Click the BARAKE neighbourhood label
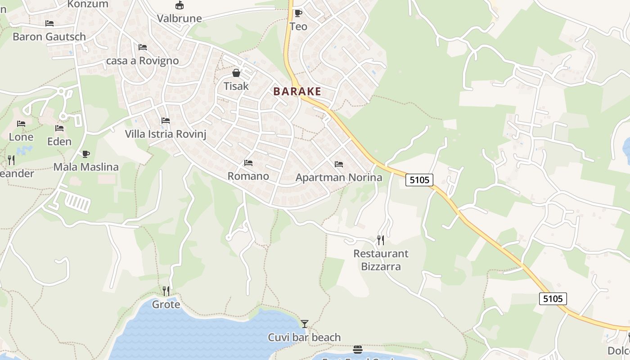click(x=297, y=91)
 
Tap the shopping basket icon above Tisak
click(x=236, y=73)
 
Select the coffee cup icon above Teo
click(x=298, y=13)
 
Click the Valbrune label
click(x=179, y=18)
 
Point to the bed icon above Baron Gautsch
click(x=49, y=23)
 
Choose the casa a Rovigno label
click(x=142, y=60)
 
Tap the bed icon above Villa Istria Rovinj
click(x=166, y=121)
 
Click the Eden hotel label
click(x=59, y=141)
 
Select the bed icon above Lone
click(x=21, y=124)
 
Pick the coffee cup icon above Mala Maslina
click(x=86, y=154)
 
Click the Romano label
click(x=248, y=176)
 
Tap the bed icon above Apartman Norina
click(x=339, y=164)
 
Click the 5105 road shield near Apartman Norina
click(x=419, y=180)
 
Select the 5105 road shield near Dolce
click(x=553, y=298)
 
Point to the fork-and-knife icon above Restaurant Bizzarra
click(x=381, y=240)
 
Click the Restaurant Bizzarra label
click(x=381, y=260)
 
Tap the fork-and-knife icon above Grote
click(x=166, y=291)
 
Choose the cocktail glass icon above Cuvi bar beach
click(x=305, y=324)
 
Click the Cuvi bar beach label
click(x=304, y=337)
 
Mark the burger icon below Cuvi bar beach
click(x=358, y=350)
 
